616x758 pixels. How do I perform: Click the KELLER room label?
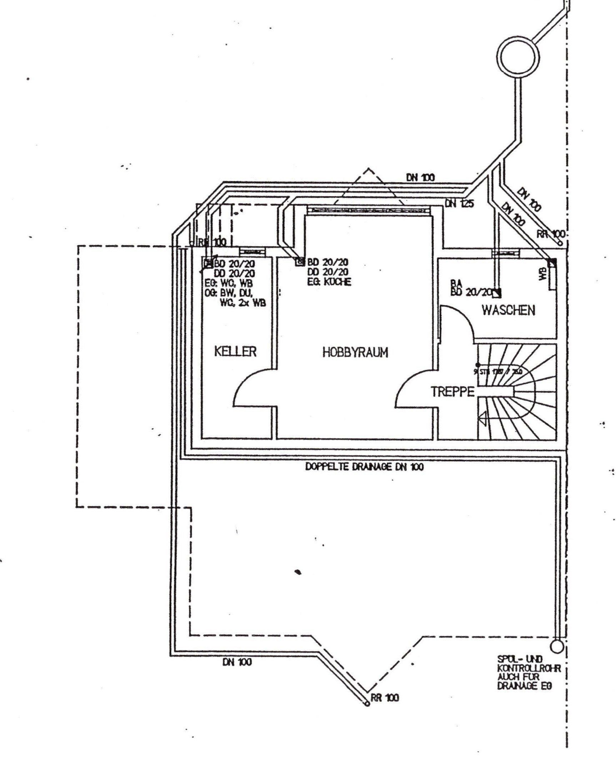[235, 351]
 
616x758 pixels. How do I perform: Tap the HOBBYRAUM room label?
[355, 353]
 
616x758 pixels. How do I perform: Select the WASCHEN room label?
[509, 310]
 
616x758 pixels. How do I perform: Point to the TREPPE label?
[452, 392]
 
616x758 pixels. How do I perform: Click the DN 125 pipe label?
[459, 204]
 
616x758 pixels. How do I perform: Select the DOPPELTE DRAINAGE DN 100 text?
[365, 467]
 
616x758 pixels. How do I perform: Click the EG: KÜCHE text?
[329, 282]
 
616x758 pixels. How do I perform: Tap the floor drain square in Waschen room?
[497, 293]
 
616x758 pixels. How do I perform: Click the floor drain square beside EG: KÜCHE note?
[299, 262]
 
